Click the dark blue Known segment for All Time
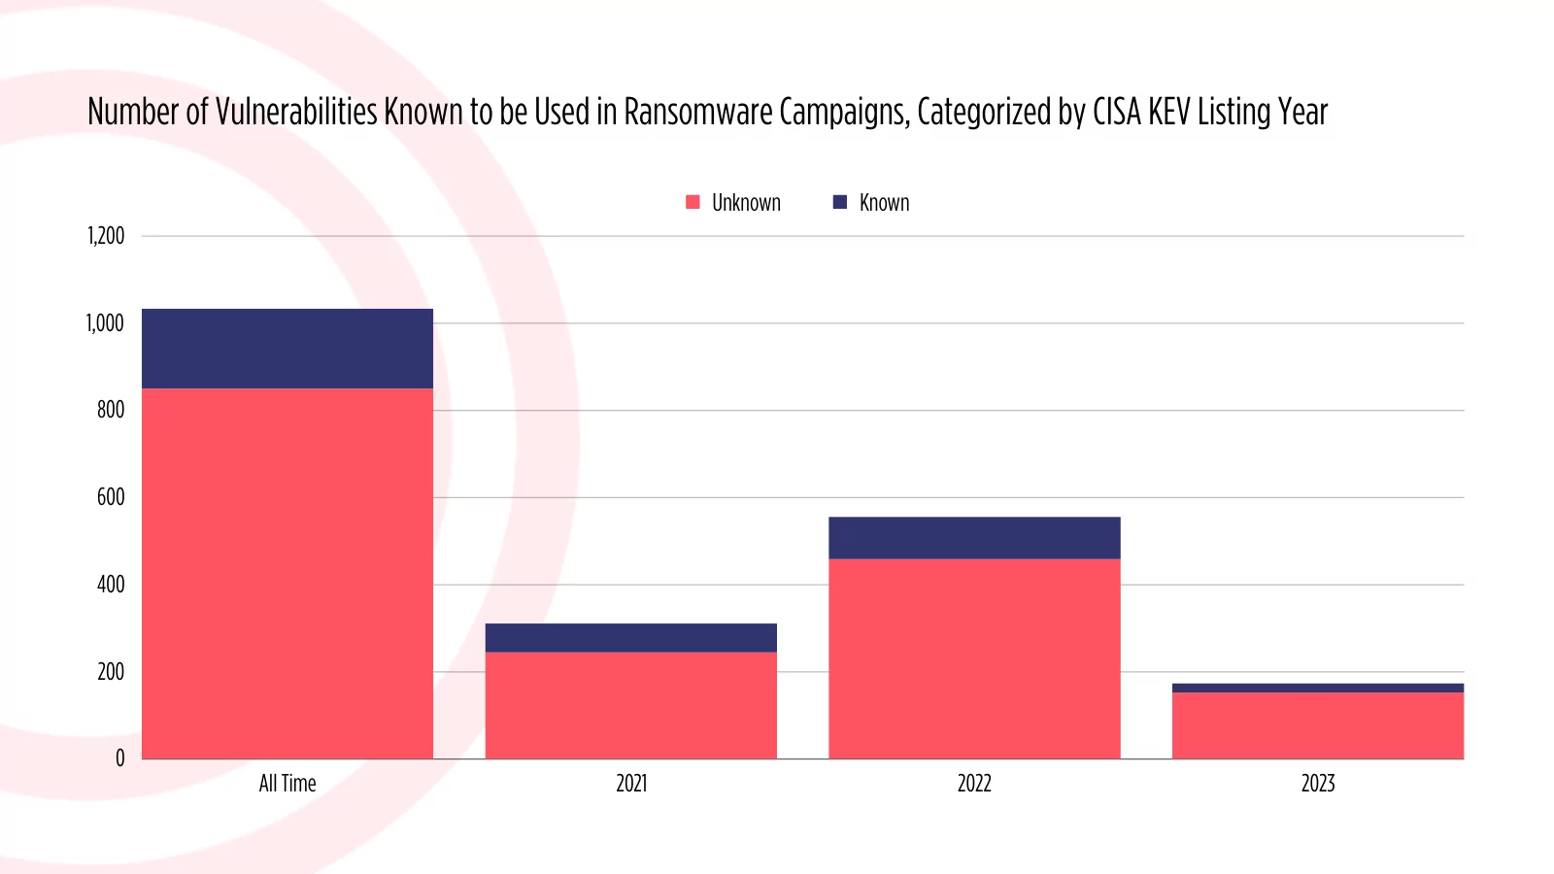pos(287,349)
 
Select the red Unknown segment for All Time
pos(287,573)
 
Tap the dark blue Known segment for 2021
pos(631,637)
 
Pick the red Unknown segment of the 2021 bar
pos(631,705)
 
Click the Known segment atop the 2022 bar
pos(974,537)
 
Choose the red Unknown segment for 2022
pos(974,658)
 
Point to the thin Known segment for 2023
pos(1318,688)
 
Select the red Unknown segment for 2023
pos(1318,725)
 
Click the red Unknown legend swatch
pos(693,202)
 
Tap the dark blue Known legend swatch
pos(840,202)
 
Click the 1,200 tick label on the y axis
pos(106,236)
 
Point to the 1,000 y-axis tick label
pos(105,323)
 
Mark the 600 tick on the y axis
pos(111,497)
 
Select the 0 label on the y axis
pos(120,758)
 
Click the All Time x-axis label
pos(287,784)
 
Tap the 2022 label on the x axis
pos(974,784)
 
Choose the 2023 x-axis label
pos(1318,784)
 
